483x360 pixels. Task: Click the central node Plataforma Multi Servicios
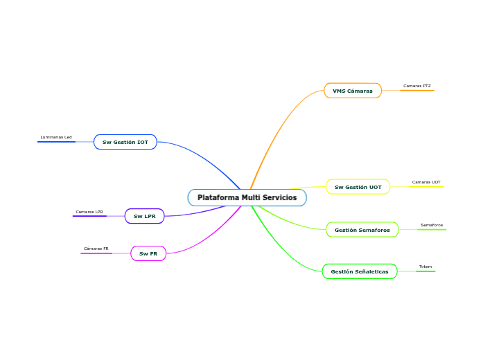[x=247, y=198]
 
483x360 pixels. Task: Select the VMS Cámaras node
[x=352, y=91]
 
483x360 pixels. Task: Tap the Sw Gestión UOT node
[x=358, y=187]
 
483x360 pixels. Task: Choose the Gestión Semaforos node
[x=362, y=230]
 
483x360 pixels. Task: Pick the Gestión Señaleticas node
[x=359, y=271]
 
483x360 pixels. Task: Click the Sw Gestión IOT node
[x=125, y=142]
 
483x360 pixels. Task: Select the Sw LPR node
[x=144, y=216]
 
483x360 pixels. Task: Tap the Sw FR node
[x=148, y=253]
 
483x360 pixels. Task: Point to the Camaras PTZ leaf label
[x=416, y=86]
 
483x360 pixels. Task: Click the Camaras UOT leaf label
[x=426, y=182]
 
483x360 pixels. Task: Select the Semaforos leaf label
[x=432, y=225]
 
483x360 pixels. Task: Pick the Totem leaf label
[x=425, y=267]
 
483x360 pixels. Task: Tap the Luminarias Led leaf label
[x=56, y=137]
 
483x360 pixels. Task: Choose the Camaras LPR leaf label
[x=89, y=211]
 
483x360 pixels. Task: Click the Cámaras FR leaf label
[x=96, y=248]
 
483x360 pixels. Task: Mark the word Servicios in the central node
[x=278, y=198]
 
